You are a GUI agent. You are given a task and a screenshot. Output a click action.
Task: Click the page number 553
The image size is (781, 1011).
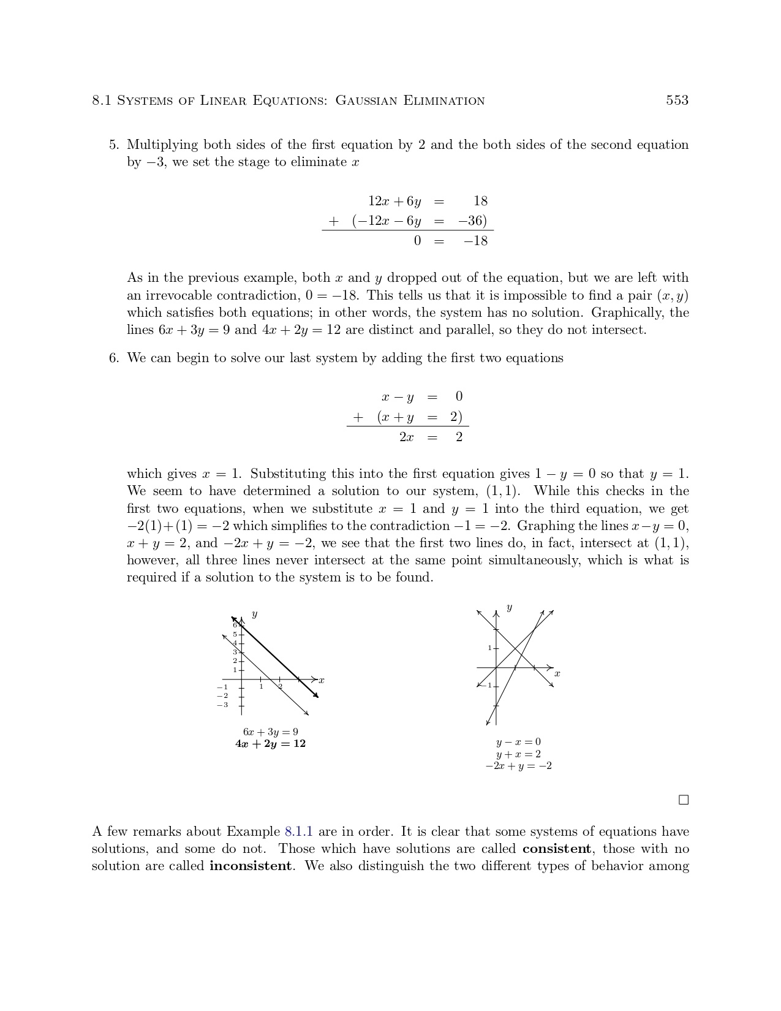pyautogui.click(x=677, y=100)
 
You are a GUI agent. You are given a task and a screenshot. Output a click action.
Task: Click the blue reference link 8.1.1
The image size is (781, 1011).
pyautogui.click(x=299, y=831)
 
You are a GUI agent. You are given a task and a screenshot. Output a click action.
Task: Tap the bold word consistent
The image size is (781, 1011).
pyautogui.click(x=556, y=849)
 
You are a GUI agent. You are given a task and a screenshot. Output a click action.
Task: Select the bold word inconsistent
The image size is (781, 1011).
pyautogui.click(x=250, y=866)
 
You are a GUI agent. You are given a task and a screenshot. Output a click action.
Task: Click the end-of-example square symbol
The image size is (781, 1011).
pyautogui.click(x=684, y=800)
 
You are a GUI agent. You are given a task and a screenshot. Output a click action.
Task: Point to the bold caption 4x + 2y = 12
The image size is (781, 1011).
pyautogui.click(x=270, y=744)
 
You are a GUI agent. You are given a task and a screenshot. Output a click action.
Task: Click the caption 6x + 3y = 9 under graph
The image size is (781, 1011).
pyautogui.click(x=270, y=732)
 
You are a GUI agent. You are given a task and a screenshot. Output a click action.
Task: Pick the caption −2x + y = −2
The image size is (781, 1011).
pyautogui.click(x=518, y=766)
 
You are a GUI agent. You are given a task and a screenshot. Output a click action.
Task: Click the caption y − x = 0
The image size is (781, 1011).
pyautogui.click(x=518, y=742)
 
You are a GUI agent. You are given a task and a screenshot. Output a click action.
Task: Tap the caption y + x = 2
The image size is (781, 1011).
pyautogui.click(x=518, y=754)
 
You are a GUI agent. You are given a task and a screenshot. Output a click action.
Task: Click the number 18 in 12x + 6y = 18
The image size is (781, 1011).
pyautogui.click(x=480, y=201)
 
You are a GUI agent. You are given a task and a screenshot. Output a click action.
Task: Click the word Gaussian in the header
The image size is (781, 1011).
pyautogui.click(x=366, y=101)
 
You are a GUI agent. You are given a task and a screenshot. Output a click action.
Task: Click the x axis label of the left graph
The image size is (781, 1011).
pyautogui.click(x=322, y=680)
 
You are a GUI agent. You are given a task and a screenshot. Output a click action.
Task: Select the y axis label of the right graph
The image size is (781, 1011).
pyautogui.click(x=509, y=607)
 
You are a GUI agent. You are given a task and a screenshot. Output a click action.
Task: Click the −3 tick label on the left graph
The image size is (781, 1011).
pyautogui.click(x=222, y=705)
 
